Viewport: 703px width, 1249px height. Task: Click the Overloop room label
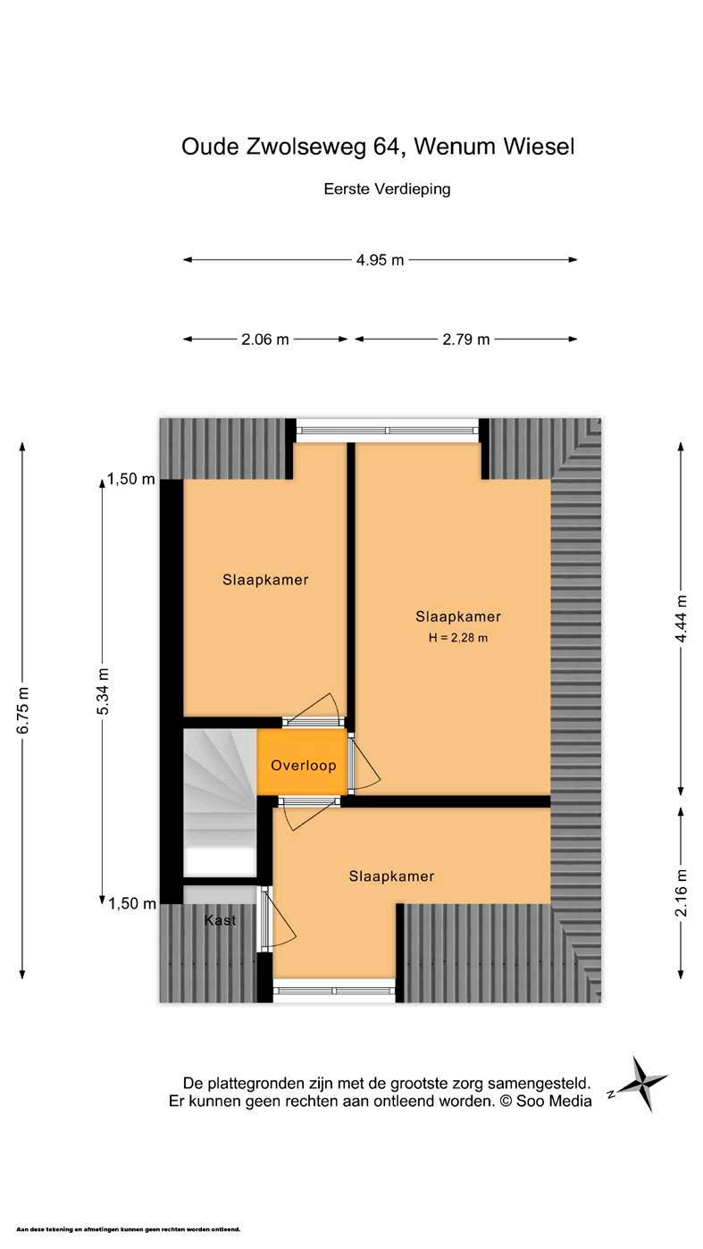(x=304, y=766)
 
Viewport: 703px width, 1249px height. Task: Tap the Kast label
(x=220, y=920)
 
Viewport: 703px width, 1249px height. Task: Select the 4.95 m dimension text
(x=380, y=260)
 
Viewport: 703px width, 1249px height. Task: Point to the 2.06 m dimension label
(x=265, y=339)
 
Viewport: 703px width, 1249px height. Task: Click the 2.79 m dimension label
(x=466, y=339)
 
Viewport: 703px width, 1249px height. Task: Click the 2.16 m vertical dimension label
(x=682, y=892)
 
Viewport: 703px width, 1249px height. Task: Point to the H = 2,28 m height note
(x=458, y=638)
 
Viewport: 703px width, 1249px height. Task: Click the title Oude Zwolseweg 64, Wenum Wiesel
(x=378, y=147)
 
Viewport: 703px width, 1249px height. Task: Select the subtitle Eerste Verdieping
(x=387, y=189)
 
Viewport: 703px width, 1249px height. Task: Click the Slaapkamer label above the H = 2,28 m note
(x=458, y=616)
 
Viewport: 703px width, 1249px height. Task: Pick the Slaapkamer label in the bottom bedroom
(x=391, y=876)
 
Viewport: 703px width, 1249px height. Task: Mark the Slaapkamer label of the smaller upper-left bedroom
(x=265, y=580)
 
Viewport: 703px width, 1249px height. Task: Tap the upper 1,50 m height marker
(x=131, y=480)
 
